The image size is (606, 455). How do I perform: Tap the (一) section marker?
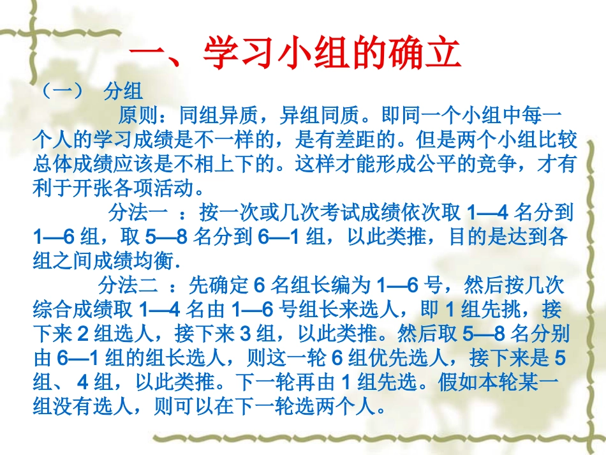[x=62, y=91]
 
